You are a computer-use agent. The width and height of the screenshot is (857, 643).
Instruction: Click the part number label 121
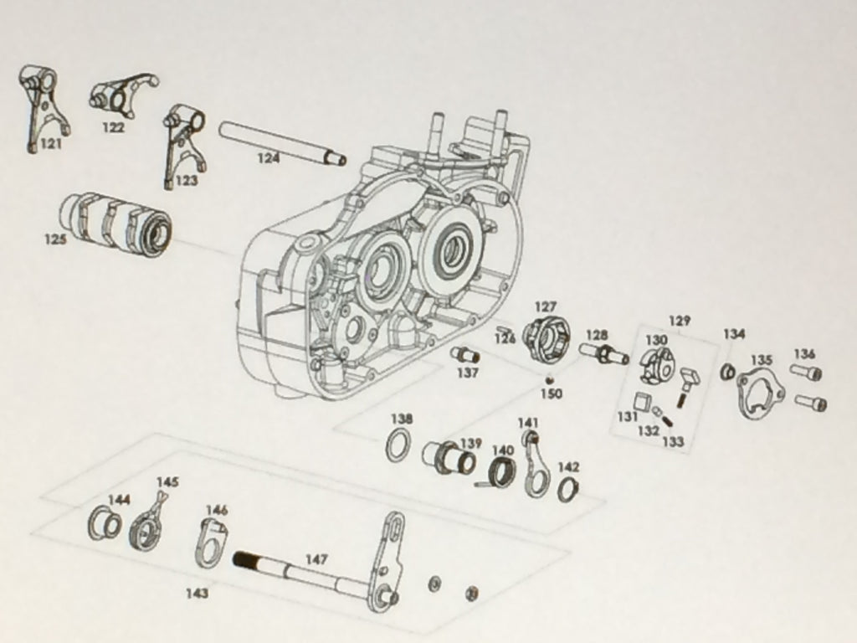[x=51, y=144]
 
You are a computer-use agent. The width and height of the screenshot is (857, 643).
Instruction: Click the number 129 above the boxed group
[x=679, y=321]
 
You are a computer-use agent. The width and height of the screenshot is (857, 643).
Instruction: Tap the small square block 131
[x=644, y=401]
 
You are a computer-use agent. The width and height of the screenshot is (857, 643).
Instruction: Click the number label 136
[x=803, y=354]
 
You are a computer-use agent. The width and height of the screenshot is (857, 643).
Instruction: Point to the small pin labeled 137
[x=465, y=355]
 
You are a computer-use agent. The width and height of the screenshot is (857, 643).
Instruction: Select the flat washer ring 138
[x=398, y=445]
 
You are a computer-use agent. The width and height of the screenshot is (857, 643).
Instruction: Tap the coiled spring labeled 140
[x=501, y=474]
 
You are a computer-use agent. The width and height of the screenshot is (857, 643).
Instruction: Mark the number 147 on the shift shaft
[x=316, y=558]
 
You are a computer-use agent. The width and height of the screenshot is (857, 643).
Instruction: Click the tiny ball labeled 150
[x=548, y=380]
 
